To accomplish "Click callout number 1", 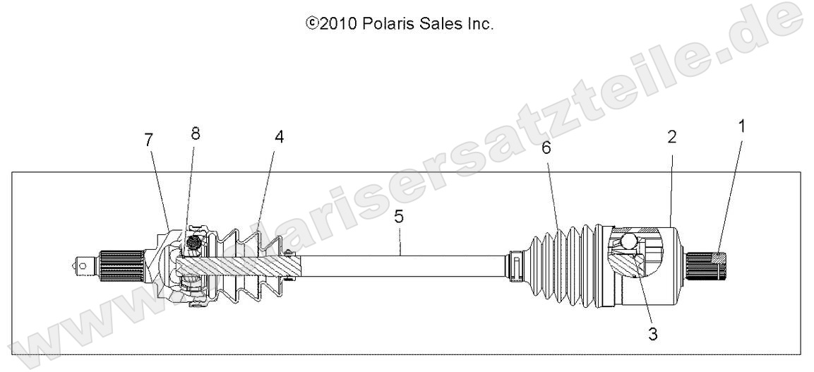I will coord(741,128).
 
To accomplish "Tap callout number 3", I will coord(653,335).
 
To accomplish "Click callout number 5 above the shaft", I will coord(399,217).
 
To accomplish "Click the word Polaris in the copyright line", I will coord(387,24).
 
